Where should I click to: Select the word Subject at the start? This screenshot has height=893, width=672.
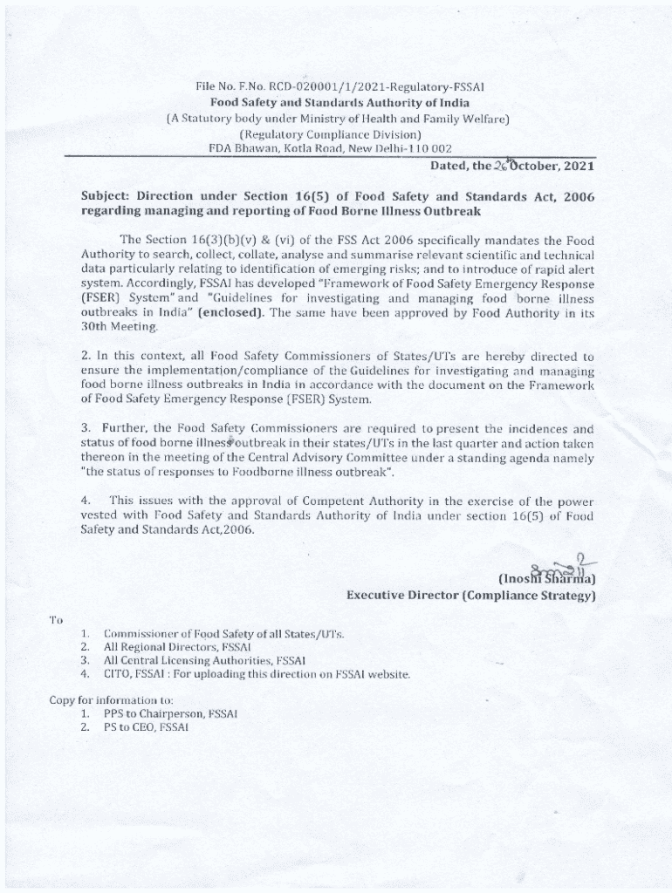pyautogui.click(x=106, y=197)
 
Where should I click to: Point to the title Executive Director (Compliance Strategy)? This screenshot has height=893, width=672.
pyautogui.click(x=470, y=596)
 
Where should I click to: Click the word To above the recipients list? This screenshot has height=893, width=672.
pyautogui.click(x=56, y=619)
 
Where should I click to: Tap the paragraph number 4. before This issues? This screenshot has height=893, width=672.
pyautogui.click(x=86, y=501)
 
